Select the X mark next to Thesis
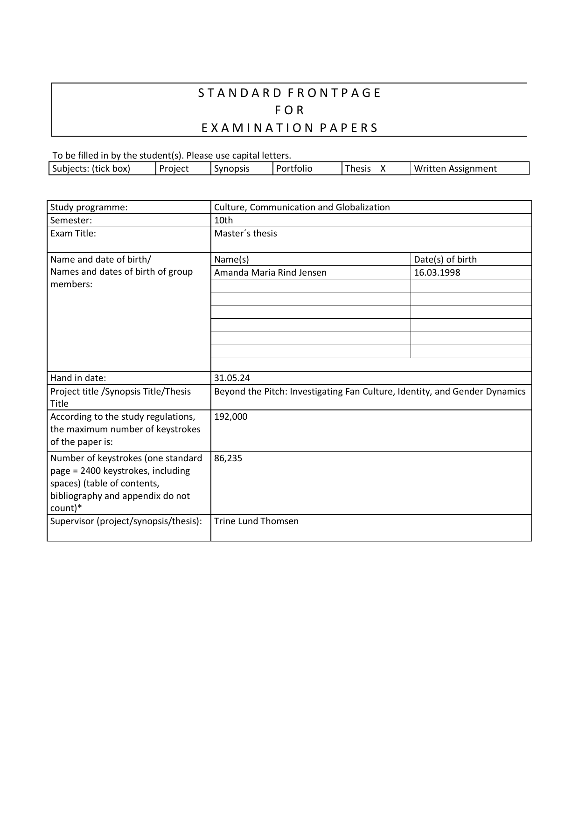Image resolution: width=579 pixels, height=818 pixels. click(383, 169)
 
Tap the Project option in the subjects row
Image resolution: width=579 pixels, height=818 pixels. click(174, 169)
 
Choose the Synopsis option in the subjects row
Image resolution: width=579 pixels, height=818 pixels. click(232, 169)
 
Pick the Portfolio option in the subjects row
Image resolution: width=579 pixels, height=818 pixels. click(294, 169)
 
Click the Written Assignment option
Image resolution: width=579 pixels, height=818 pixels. click(455, 169)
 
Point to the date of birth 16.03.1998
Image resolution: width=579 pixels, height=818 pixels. click(437, 273)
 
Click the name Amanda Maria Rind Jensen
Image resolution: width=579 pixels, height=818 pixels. click(270, 273)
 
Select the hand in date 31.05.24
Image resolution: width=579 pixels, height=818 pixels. click(232, 378)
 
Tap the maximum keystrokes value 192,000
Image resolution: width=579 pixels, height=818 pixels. click(230, 417)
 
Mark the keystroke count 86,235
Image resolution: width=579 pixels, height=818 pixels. click(228, 458)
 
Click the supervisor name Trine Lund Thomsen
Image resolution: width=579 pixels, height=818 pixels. click(256, 521)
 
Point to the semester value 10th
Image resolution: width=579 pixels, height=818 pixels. click(223, 221)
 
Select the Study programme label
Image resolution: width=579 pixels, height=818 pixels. click(89, 208)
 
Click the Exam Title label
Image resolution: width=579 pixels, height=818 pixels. click(73, 234)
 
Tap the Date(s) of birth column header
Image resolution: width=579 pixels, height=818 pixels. click(445, 260)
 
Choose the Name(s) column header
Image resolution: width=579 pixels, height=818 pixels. click(231, 260)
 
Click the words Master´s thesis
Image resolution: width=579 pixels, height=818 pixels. click(245, 234)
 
